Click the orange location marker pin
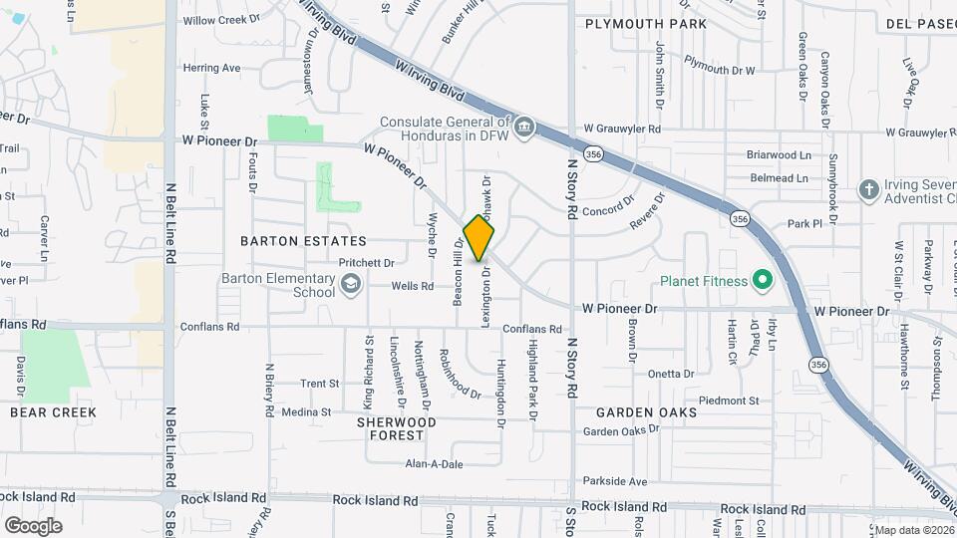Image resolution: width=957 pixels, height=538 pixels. point(479,237)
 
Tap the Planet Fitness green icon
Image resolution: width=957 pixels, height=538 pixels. point(763,280)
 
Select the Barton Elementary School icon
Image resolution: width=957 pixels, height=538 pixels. point(350,286)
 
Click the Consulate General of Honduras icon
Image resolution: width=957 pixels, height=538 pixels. point(525,129)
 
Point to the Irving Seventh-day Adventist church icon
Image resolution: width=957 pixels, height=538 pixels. point(868,189)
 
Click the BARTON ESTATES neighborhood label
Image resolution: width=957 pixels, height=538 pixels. point(303,241)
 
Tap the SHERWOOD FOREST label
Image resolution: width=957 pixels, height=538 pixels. point(397,428)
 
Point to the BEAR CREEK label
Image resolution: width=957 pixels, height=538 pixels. point(53,411)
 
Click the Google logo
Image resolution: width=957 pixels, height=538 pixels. point(33,525)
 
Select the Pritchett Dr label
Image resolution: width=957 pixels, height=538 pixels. point(367,263)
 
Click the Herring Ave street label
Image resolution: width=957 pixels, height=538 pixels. point(211,68)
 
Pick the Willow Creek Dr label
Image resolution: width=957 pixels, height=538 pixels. point(220,19)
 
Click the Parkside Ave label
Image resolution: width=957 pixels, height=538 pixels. point(615,480)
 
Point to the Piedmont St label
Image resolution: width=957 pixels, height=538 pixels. point(728,401)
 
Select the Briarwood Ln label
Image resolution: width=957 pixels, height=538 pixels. point(779,154)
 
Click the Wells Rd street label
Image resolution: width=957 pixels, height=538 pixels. point(412,286)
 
